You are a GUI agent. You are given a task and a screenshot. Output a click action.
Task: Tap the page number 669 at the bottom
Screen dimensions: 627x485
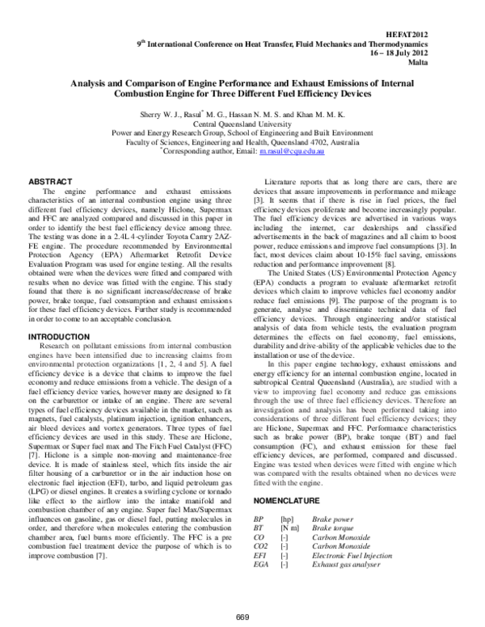click(x=242, y=618)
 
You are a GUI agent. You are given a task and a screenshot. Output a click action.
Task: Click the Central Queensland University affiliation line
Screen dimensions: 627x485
click(x=242, y=124)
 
